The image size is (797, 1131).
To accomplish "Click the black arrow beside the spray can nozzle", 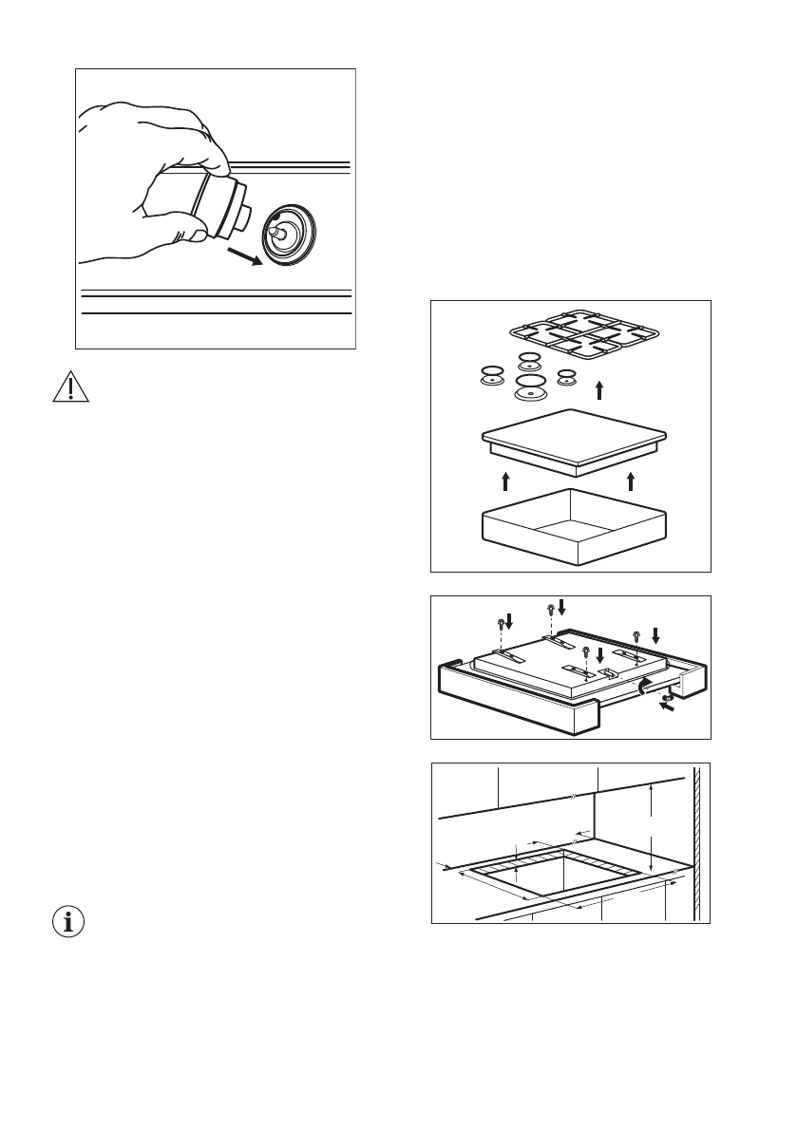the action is point(246,255).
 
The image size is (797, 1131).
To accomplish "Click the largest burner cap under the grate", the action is point(530,387).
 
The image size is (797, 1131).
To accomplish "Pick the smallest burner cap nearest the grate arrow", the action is point(567,376).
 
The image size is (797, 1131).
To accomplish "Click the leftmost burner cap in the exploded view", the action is point(491,376).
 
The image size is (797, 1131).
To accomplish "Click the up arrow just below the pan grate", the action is point(598,389).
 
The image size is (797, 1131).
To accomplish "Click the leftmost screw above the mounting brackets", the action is point(502,625).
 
